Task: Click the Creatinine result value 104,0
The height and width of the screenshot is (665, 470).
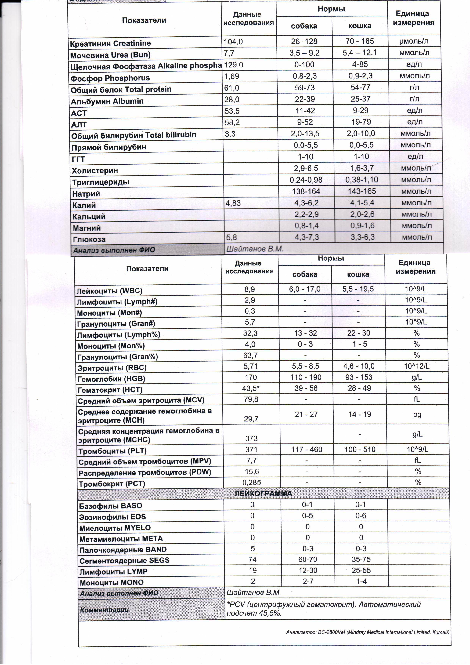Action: click(233, 42)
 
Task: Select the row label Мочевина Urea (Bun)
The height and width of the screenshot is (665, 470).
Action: click(110, 55)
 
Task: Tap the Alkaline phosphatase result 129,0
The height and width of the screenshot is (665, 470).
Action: click(233, 65)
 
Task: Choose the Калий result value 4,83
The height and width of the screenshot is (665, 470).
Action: click(233, 203)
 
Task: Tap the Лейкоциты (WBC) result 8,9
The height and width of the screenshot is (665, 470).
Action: click(249, 289)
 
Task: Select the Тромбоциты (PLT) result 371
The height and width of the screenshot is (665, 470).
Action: click(251, 449)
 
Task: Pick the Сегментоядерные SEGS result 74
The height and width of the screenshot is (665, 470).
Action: click(252, 559)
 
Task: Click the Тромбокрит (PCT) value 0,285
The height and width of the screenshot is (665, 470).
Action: click(252, 482)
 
